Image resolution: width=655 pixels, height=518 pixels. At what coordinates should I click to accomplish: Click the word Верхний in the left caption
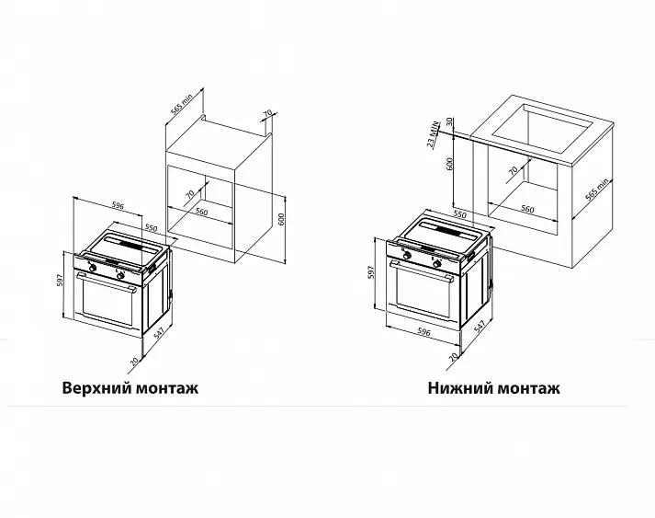point(97,388)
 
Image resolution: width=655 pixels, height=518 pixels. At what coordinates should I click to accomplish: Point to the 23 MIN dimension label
point(434,134)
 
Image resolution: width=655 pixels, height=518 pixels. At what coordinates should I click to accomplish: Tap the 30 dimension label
point(449,121)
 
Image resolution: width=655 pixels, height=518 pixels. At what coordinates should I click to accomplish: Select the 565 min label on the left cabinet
point(181,105)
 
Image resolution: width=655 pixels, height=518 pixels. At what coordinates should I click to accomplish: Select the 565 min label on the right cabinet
point(597,190)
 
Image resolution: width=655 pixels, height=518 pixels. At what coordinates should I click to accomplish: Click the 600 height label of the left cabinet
point(281,220)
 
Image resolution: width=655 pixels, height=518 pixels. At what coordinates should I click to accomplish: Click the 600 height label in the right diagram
point(450,164)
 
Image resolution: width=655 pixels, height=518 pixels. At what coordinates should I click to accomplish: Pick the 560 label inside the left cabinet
point(201,212)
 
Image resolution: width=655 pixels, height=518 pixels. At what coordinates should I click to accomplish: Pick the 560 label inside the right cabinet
point(527,208)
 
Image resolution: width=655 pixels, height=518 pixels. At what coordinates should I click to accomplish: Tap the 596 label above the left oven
point(119,205)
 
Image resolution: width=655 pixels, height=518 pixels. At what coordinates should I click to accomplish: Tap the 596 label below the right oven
point(423,332)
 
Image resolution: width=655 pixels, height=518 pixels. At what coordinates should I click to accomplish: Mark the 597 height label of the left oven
point(59,281)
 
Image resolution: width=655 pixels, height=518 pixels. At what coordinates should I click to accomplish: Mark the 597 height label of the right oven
point(371,272)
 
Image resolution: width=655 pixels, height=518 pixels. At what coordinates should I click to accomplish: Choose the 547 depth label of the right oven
point(480,327)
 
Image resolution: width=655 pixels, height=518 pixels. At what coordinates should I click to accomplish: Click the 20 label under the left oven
point(134,362)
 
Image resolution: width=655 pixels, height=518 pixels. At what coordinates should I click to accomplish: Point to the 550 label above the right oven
point(459,214)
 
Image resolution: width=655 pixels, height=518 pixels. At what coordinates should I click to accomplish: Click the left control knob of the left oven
point(92,268)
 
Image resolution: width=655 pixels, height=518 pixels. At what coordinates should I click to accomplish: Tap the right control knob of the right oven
point(437,264)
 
